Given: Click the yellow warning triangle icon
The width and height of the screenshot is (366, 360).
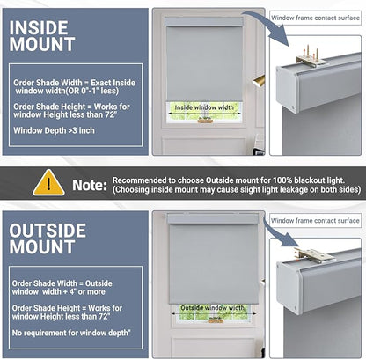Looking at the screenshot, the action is point(48,183).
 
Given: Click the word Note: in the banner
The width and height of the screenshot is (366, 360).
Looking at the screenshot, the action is point(90,186).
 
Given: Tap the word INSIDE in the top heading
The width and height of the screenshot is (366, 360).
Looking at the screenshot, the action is point(39,28).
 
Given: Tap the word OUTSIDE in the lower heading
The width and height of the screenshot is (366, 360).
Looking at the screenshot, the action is point(48,231).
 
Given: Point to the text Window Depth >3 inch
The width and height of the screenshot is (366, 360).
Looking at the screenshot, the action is point(54,130).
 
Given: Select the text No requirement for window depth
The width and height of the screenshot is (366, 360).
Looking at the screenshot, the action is point(71,333).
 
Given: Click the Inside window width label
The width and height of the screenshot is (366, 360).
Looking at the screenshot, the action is point(204,107).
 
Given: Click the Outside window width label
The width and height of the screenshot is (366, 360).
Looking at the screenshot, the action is point(212,308).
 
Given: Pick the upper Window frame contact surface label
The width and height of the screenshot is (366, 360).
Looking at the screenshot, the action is point(315,18).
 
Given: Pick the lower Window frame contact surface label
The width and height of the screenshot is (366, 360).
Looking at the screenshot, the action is point(315,221).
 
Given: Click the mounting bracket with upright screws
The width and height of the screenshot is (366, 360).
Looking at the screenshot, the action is point(311,57).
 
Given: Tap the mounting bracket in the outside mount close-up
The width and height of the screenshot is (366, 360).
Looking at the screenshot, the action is point(314,255).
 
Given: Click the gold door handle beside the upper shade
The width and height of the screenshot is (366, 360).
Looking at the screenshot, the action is point(259,81).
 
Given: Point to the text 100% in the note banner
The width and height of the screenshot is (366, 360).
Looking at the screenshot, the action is point(283,180).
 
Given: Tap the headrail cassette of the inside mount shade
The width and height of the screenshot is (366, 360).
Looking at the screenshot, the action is point(204,22).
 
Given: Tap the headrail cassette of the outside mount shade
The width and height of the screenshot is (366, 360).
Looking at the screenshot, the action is point(213,219).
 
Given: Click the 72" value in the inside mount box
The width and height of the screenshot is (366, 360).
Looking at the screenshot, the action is point(112,114).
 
